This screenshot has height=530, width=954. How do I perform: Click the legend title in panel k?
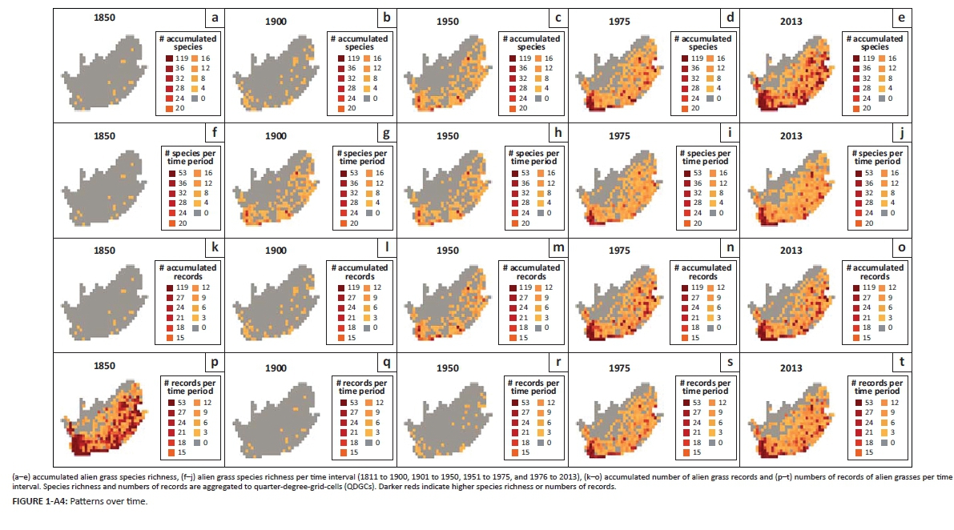click(x=187, y=272)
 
